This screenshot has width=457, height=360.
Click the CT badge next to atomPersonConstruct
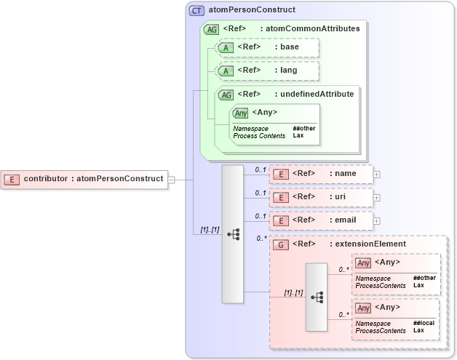point(197,10)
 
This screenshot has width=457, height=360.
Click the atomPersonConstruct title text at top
point(252,10)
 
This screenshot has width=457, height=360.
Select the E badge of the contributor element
point(12,179)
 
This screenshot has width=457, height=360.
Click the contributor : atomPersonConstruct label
point(93,179)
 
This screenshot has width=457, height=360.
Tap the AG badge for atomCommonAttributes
point(211,29)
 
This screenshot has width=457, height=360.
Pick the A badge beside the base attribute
point(226,48)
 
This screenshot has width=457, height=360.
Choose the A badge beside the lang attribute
point(226,71)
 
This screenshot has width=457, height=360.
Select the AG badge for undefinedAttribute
point(226,94)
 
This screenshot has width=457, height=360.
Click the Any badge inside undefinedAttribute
point(241,113)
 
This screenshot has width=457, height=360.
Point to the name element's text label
point(345,174)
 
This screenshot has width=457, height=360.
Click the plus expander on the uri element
point(377,197)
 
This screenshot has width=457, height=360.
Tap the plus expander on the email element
point(377,220)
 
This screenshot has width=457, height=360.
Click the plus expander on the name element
point(377,174)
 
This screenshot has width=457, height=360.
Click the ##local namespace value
point(424,324)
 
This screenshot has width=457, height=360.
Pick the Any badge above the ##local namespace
point(364,308)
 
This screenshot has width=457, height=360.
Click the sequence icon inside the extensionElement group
point(317,297)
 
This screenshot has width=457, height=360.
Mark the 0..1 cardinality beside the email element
point(261,216)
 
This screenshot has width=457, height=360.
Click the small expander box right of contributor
point(171,179)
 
